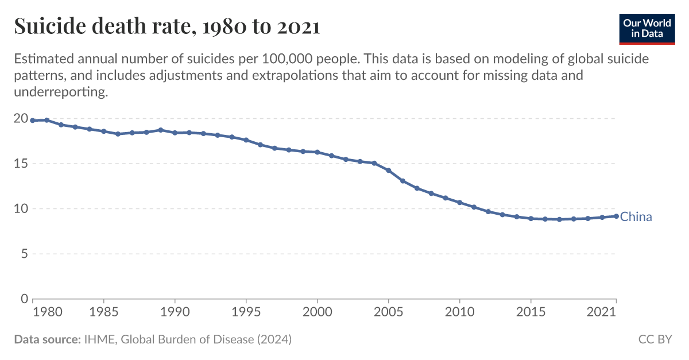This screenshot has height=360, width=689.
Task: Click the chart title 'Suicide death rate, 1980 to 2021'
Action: coord(167,26)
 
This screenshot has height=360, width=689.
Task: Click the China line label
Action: coord(636,217)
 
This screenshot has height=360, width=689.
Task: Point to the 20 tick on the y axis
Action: coord(21,118)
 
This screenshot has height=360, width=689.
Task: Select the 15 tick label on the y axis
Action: coord(21,164)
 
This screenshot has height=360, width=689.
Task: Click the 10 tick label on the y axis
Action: coord(21,208)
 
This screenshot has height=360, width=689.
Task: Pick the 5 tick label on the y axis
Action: coord(24,254)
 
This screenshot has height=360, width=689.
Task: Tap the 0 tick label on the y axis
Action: coord(24,299)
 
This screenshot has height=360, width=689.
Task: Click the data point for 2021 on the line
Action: coord(616,216)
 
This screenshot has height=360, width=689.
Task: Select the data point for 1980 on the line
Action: coord(33,121)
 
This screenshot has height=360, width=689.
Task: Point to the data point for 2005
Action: coord(389,171)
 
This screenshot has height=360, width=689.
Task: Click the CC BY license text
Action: coord(655,339)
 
